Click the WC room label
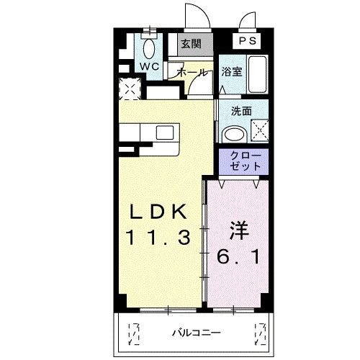pyautogui.click(x=149, y=66)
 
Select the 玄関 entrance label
pyautogui.click(x=191, y=44)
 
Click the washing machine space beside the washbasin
pyautogui.click(x=258, y=132)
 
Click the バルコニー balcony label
pyautogui.click(x=195, y=333)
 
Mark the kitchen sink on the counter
pyautogui.click(x=165, y=132)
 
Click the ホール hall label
pyautogui.click(x=191, y=73)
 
